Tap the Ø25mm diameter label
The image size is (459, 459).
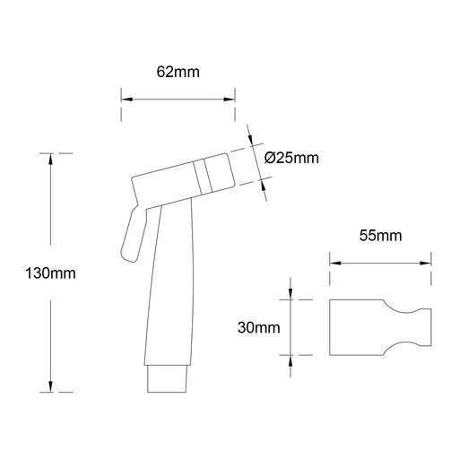293,159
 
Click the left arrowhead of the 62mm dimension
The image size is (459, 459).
126,100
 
